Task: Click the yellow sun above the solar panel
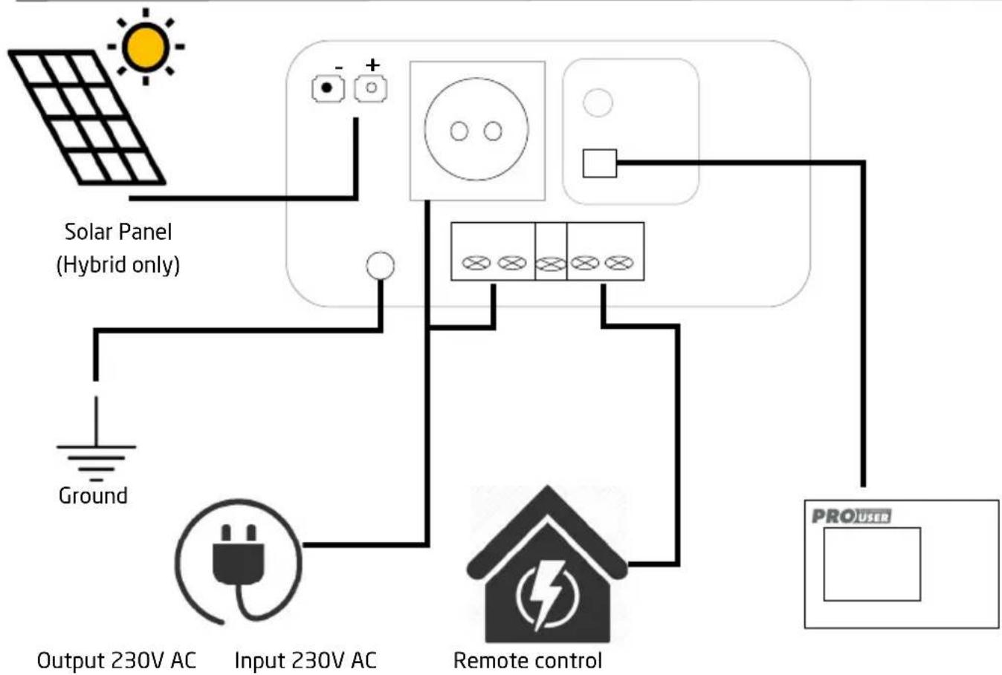tap(146, 47)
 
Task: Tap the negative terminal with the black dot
tap(328, 88)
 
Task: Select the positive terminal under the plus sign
tap(371, 88)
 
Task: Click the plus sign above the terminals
tap(372, 65)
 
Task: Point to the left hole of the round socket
tap(459, 131)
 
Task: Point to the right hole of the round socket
tap(493, 131)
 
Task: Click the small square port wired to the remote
tap(600, 163)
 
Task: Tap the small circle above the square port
tap(598, 102)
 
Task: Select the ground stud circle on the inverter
tap(381, 266)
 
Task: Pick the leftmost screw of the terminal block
tap(476, 263)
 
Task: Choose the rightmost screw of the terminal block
tap(619, 263)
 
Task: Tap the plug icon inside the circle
tap(239, 570)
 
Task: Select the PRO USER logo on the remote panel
tap(852, 516)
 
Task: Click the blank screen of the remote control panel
tap(872, 564)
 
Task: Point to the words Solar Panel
tap(118, 232)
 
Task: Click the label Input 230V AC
tap(306, 660)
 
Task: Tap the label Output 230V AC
tap(116, 660)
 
